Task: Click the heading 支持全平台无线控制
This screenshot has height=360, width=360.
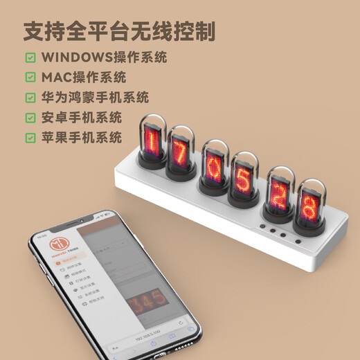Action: [x=118, y=30]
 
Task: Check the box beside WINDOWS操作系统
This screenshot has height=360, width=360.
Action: [x=30, y=57]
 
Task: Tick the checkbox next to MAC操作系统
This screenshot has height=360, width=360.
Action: [x=30, y=78]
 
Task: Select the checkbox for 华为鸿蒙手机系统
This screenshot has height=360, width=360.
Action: [x=30, y=98]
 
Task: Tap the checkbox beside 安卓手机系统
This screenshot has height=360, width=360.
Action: [x=30, y=118]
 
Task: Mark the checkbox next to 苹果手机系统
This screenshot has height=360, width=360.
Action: [x=30, y=137]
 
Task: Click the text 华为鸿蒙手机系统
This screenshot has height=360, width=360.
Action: [x=96, y=98]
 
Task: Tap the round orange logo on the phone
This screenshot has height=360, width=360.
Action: [x=58, y=247]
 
